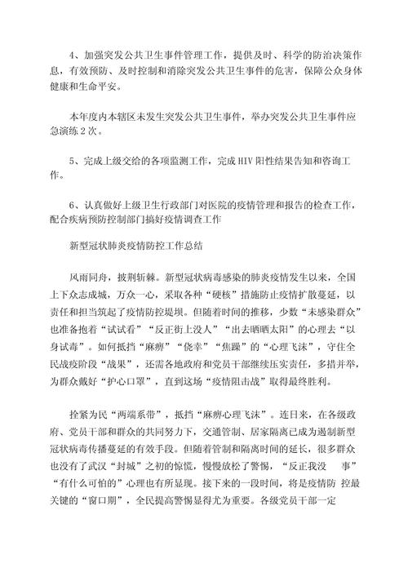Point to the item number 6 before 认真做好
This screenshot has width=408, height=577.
tap(73, 205)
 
